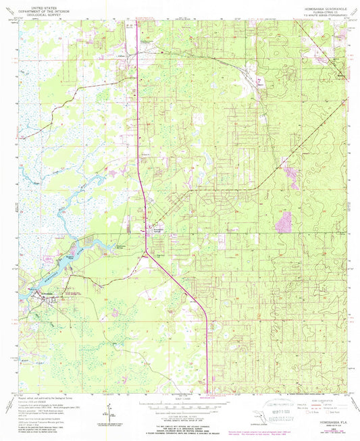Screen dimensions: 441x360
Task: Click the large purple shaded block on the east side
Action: click(x=285, y=222)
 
